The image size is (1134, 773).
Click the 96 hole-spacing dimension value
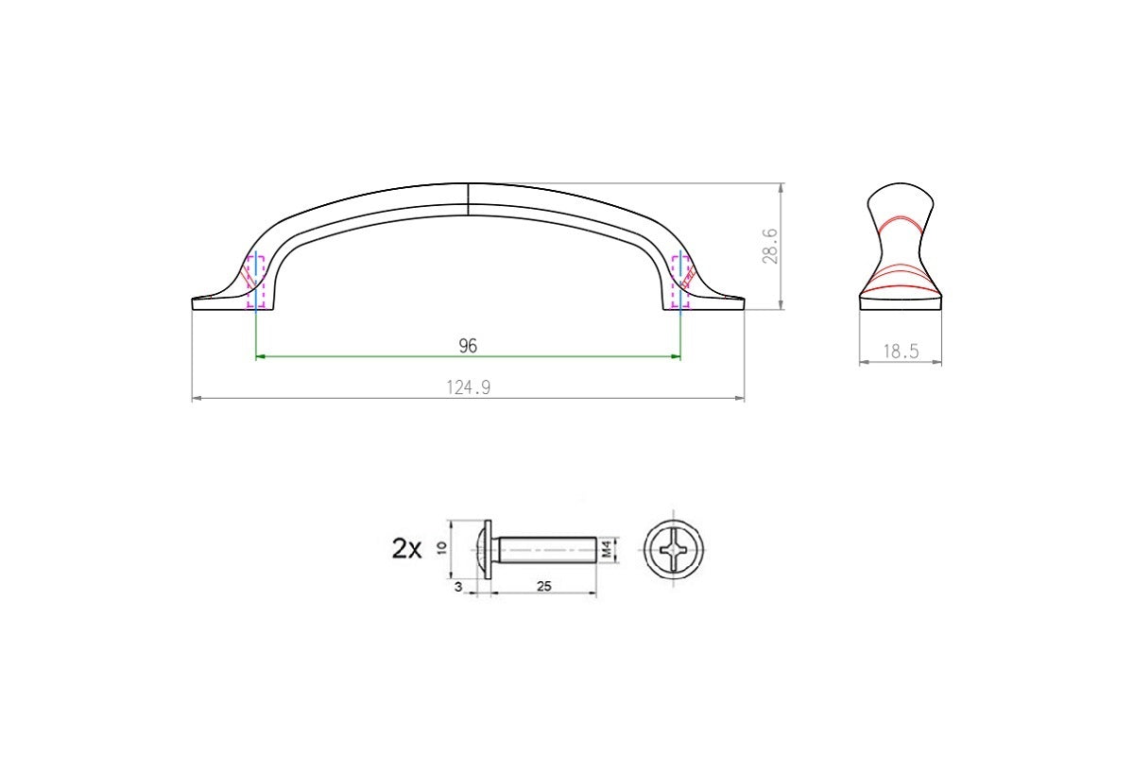(468, 346)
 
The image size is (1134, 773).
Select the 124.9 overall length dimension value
(468, 387)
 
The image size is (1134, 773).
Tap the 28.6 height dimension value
(771, 245)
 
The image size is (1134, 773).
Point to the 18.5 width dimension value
(900, 352)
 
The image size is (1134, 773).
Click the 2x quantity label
(406, 549)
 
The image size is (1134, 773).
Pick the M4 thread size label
(610, 549)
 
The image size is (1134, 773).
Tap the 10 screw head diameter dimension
(442, 549)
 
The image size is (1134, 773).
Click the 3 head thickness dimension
(457, 587)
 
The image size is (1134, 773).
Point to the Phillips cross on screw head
(674, 549)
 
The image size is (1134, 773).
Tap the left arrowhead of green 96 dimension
(261, 356)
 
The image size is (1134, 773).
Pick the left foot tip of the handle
(196, 303)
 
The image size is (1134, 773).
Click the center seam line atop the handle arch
(469, 199)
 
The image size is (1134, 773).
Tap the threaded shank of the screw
(545, 549)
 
